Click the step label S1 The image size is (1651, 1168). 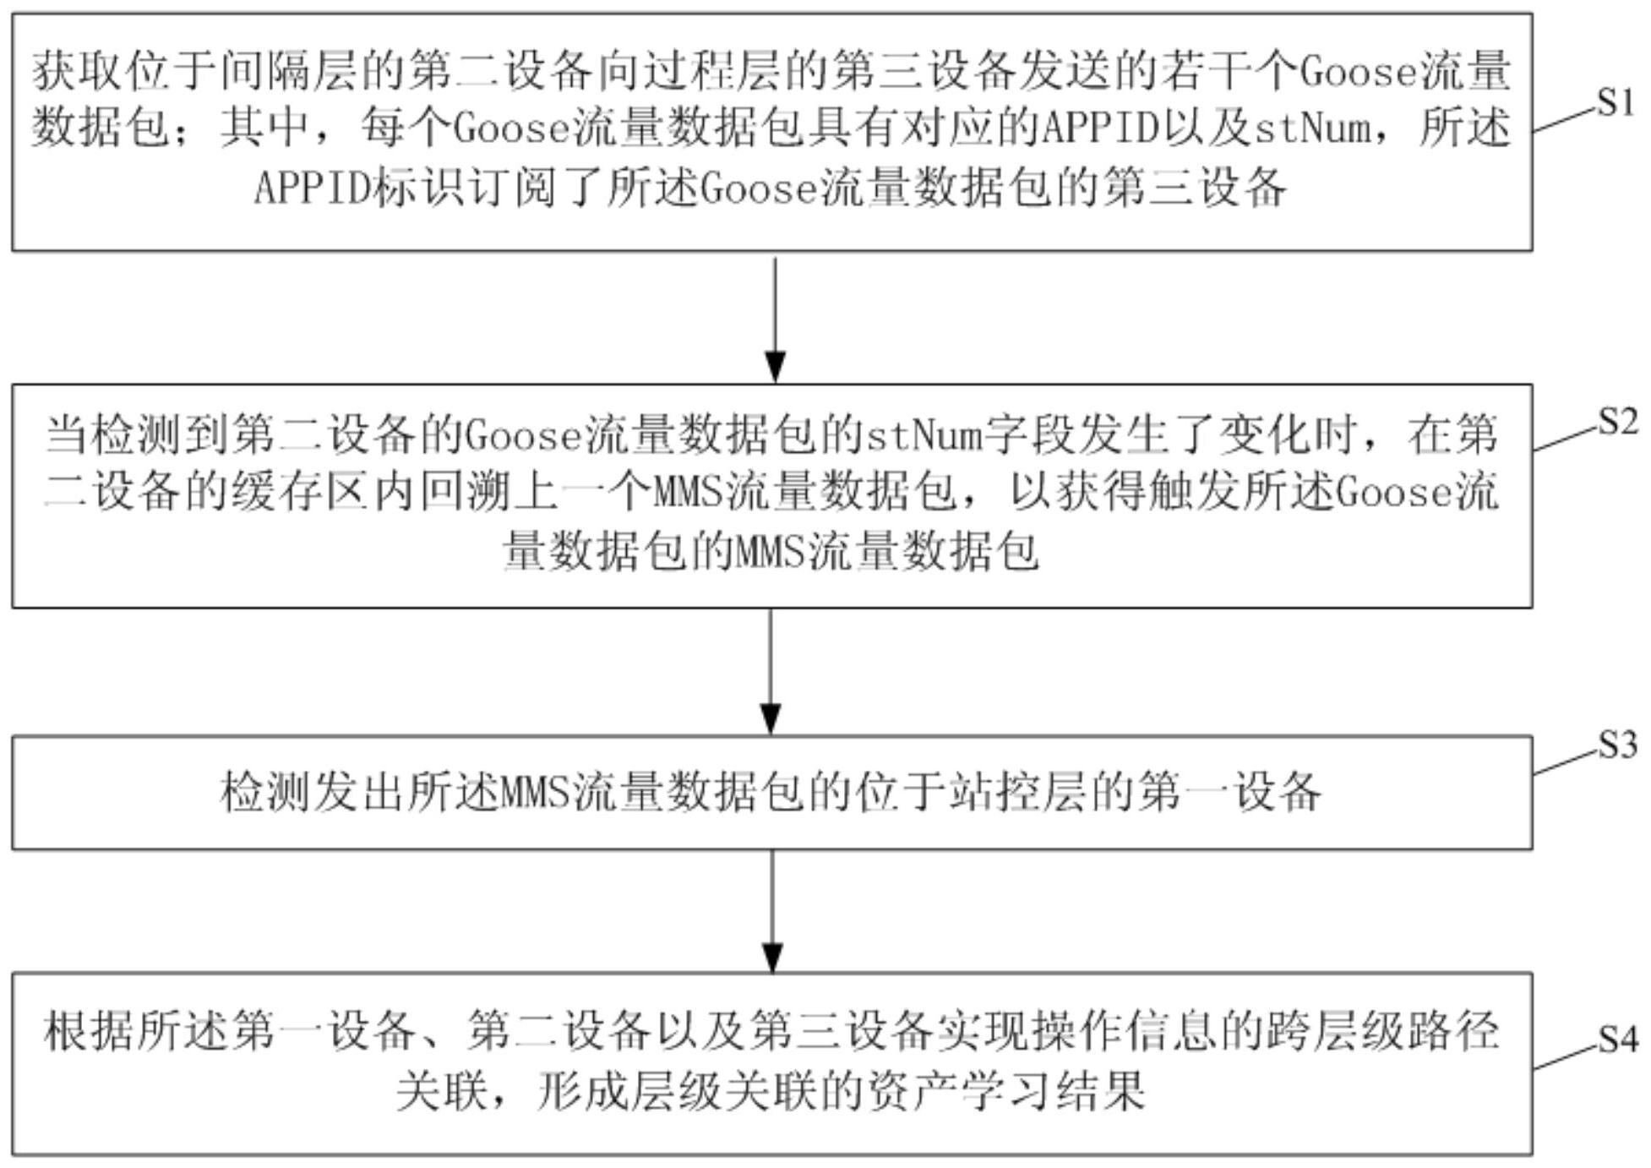click(x=1616, y=102)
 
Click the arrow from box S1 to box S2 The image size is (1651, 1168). click(x=775, y=319)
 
